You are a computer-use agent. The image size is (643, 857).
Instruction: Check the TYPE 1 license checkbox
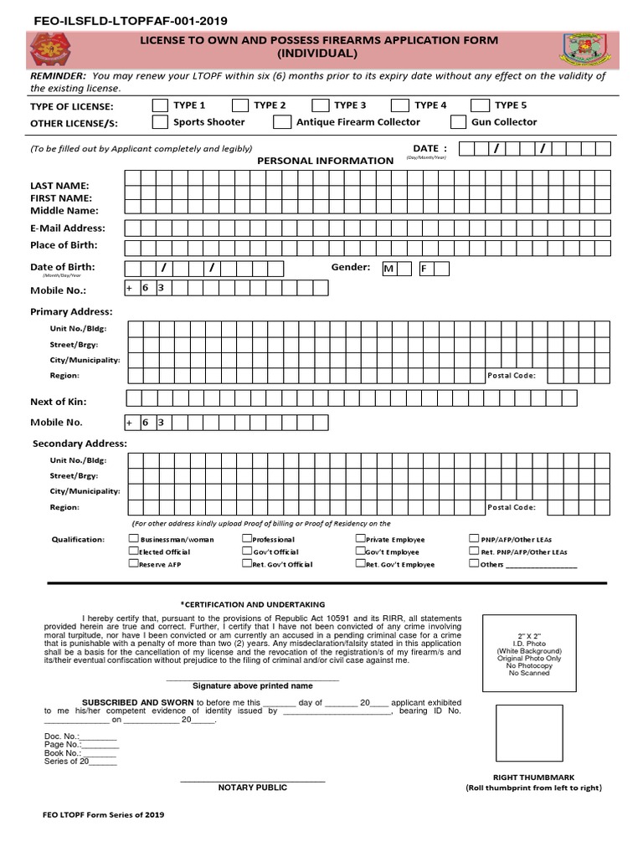(160, 105)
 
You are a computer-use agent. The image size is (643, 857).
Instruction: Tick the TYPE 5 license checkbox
(479, 105)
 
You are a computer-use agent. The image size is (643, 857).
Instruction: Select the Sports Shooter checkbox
(160, 122)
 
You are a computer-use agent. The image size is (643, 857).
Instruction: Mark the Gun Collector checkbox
(458, 122)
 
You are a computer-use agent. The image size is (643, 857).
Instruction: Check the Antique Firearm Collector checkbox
(281, 122)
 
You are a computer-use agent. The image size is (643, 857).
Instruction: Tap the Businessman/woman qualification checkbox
(134, 540)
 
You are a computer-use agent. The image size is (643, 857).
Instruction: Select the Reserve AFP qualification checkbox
(134, 564)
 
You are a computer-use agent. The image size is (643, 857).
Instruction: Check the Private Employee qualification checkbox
(360, 540)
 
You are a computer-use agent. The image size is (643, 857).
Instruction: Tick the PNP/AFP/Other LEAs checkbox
(474, 540)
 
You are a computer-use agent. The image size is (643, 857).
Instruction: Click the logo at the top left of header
(50, 49)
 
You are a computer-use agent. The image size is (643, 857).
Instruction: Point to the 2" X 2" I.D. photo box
(528, 653)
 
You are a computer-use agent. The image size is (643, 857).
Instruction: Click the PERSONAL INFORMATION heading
(325, 161)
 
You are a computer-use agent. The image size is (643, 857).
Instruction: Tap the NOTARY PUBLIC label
(252, 788)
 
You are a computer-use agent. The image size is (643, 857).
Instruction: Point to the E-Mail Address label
(68, 228)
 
